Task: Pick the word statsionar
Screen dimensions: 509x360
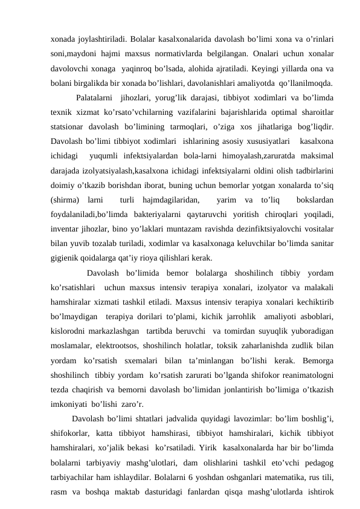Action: point(70,127)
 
